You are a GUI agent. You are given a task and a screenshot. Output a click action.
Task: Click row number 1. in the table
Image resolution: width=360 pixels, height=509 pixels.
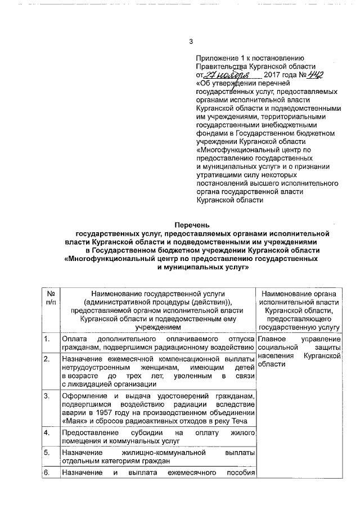pos(48,339)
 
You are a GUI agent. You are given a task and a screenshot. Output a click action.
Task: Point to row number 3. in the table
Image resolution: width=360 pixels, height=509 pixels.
pos(48,397)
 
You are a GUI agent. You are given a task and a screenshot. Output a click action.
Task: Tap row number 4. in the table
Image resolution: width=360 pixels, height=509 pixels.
pos(48,433)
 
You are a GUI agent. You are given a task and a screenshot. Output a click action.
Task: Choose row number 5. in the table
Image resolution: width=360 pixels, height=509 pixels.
pos(48,452)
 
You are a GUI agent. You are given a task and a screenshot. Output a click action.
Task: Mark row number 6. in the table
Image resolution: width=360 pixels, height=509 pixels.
pos(48,472)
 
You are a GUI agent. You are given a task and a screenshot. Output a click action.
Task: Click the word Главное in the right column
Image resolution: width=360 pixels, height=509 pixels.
pos(272,339)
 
